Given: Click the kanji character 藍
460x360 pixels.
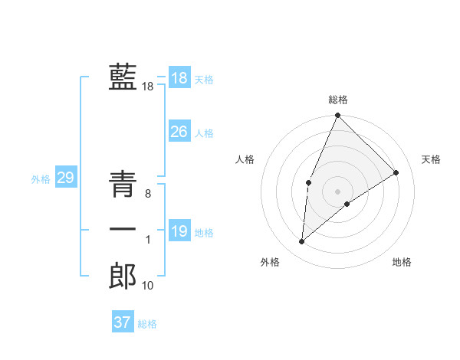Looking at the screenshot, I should (x=123, y=77).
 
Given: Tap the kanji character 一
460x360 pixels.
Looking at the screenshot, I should (x=123, y=230).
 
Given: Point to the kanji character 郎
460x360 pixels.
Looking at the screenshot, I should (x=123, y=276).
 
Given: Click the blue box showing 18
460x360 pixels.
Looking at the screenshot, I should (x=179, y=78).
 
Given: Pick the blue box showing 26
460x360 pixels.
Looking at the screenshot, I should (x=179, y=132).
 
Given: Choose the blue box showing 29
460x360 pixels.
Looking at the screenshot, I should (x=66, y=178).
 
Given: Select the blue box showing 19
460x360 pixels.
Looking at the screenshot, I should (x=179, y=231).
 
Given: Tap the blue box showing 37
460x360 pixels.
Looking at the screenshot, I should (x=123, y=322).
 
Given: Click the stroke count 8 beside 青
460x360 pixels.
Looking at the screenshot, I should (x=147, y=195).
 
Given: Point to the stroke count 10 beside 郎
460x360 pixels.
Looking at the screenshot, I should (x=148, y=286).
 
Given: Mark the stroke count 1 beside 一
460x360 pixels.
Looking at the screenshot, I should (x=148, y=240).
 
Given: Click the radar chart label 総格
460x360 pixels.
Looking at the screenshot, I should (x=337, y=100).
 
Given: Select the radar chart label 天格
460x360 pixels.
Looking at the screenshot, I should (x=431, y=159).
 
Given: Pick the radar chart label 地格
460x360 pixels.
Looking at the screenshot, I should (x=402, y=262).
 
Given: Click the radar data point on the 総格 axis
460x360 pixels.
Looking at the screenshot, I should (x=337, y=116).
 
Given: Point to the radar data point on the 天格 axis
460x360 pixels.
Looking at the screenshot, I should (x=396, y=172).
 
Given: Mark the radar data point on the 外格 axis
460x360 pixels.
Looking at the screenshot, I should (x=302, y=241).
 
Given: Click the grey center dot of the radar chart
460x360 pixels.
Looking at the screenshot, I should (x=337, y=191).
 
